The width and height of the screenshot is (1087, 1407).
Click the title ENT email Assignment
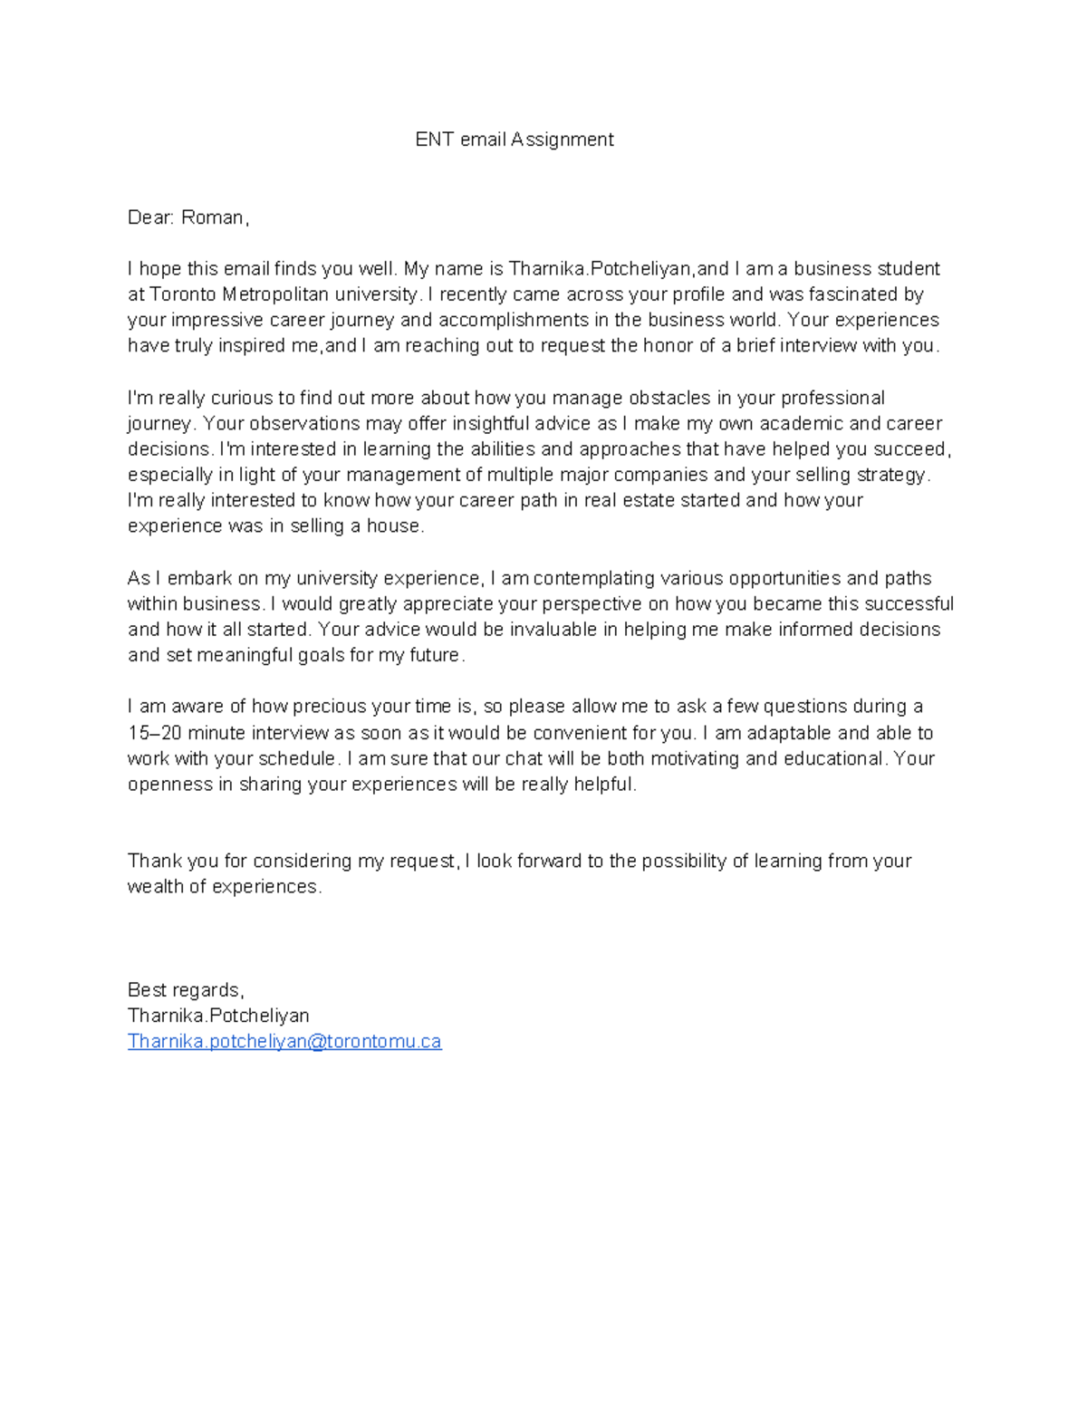click(514, 140)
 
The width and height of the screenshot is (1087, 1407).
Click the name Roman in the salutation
click(212, 217)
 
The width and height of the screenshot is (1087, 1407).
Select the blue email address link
click(284, 1042)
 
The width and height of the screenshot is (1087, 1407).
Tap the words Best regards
click(185, 990)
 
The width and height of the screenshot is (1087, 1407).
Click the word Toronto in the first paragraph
click(183, 294)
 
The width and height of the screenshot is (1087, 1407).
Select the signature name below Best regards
click(218, 1016)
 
